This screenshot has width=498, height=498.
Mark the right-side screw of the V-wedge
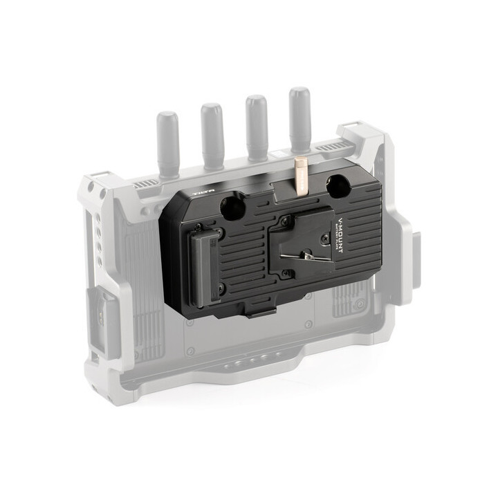coord(322,239)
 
